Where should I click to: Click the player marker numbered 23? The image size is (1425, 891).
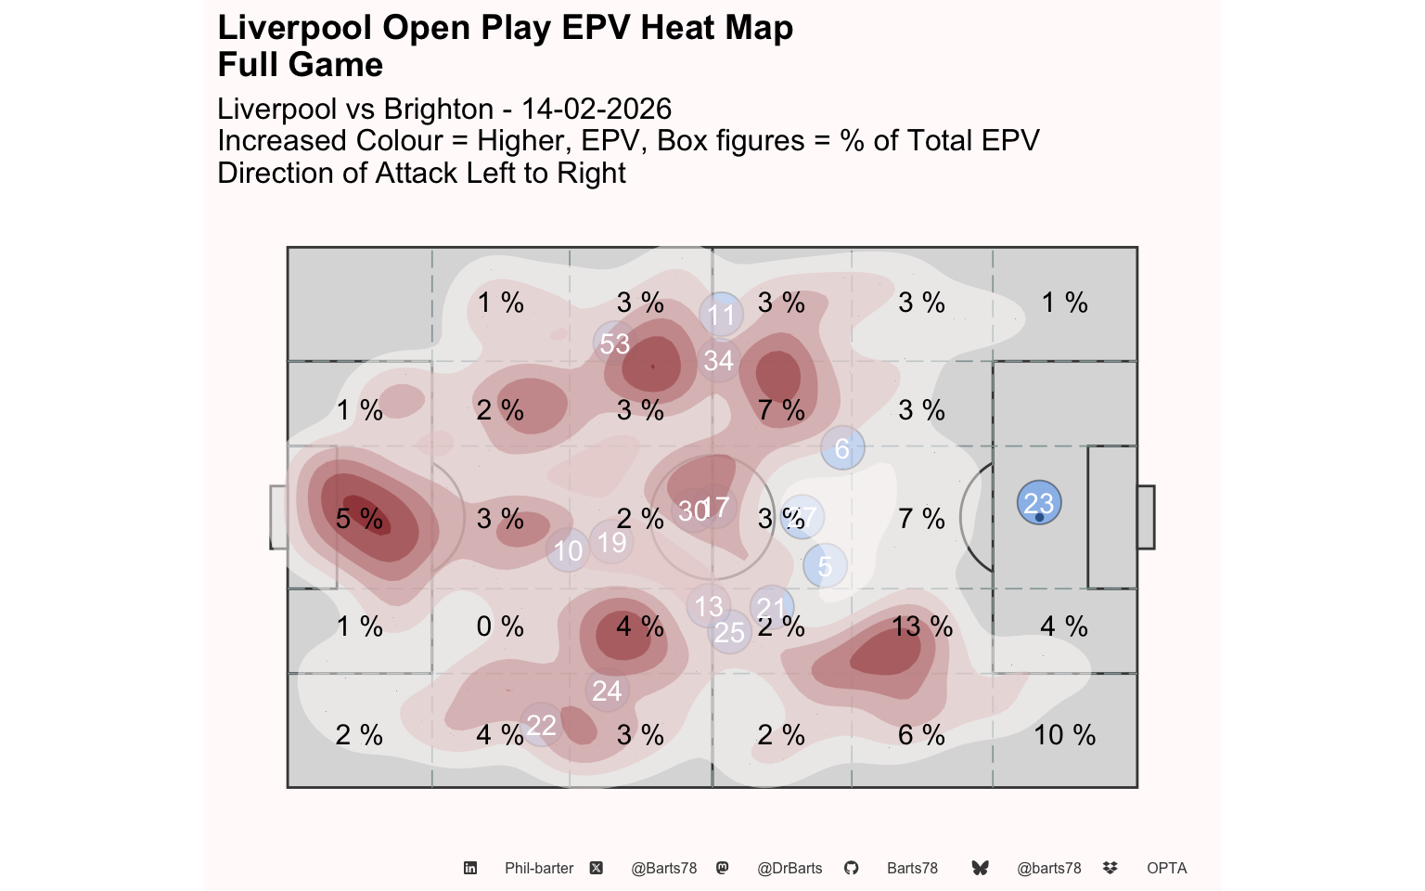click(x=1039, y=503)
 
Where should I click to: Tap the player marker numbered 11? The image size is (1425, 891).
click(x=722, y=315)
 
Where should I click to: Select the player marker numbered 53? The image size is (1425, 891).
click(x=614, y=343)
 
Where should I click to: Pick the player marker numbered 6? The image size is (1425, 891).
click(x=842, y=448)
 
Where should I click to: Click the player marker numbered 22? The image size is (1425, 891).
click(x=541, y=725)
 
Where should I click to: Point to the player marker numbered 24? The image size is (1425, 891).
click(x=608, y=691)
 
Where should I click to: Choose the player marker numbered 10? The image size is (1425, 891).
click(x=568, y=550)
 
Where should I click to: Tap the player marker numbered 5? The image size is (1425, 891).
click(x=825, y=565)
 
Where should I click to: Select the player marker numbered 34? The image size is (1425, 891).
click(x=719, y=360)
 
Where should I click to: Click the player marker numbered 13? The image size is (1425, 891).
click(x=709, y=606)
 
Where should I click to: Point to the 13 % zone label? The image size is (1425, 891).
click(x=922, y=626)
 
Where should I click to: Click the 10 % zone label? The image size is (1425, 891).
click(x=1064, y=735)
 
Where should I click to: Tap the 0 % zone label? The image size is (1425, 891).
click(x=500, y=626)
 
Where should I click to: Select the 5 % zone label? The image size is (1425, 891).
click(x=359, y=519)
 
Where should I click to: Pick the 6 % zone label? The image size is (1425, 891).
click(x=921, y=735)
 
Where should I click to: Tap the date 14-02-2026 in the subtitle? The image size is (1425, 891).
click(x=597, y=109)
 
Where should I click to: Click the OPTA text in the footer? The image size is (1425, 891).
click(x=1166, y=868)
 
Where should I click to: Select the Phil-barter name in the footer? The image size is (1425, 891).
click(x=539, y=868)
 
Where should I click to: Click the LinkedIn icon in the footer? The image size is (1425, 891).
click(x=470, y=868)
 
